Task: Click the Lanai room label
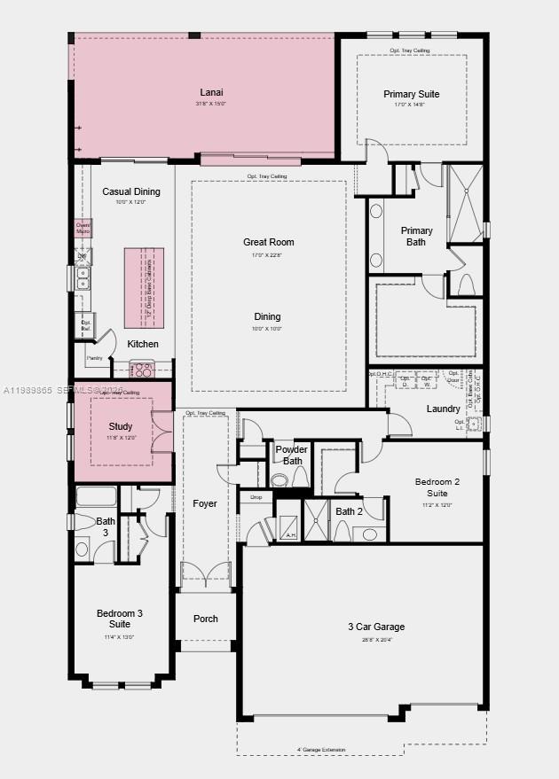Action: coord(211,92)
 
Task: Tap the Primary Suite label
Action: coord(411,94)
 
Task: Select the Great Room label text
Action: coord(268,242)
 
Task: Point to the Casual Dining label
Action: coord(131,191)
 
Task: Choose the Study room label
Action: coord(121,427)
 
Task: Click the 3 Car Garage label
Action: coord(376,627)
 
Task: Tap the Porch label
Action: coord(206,619)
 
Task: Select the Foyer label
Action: coord(205,503)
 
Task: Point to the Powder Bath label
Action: coord(292,455)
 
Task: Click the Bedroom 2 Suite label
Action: coord(437,487)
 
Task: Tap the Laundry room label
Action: coord(443,409)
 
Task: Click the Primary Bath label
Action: coord(416,236)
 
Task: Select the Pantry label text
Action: coord(94,358)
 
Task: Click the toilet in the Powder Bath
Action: coord(280,480)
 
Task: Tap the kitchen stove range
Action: coord(142,367)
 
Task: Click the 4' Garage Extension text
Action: coord(321,750)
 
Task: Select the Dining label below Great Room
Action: coord(267,316)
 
